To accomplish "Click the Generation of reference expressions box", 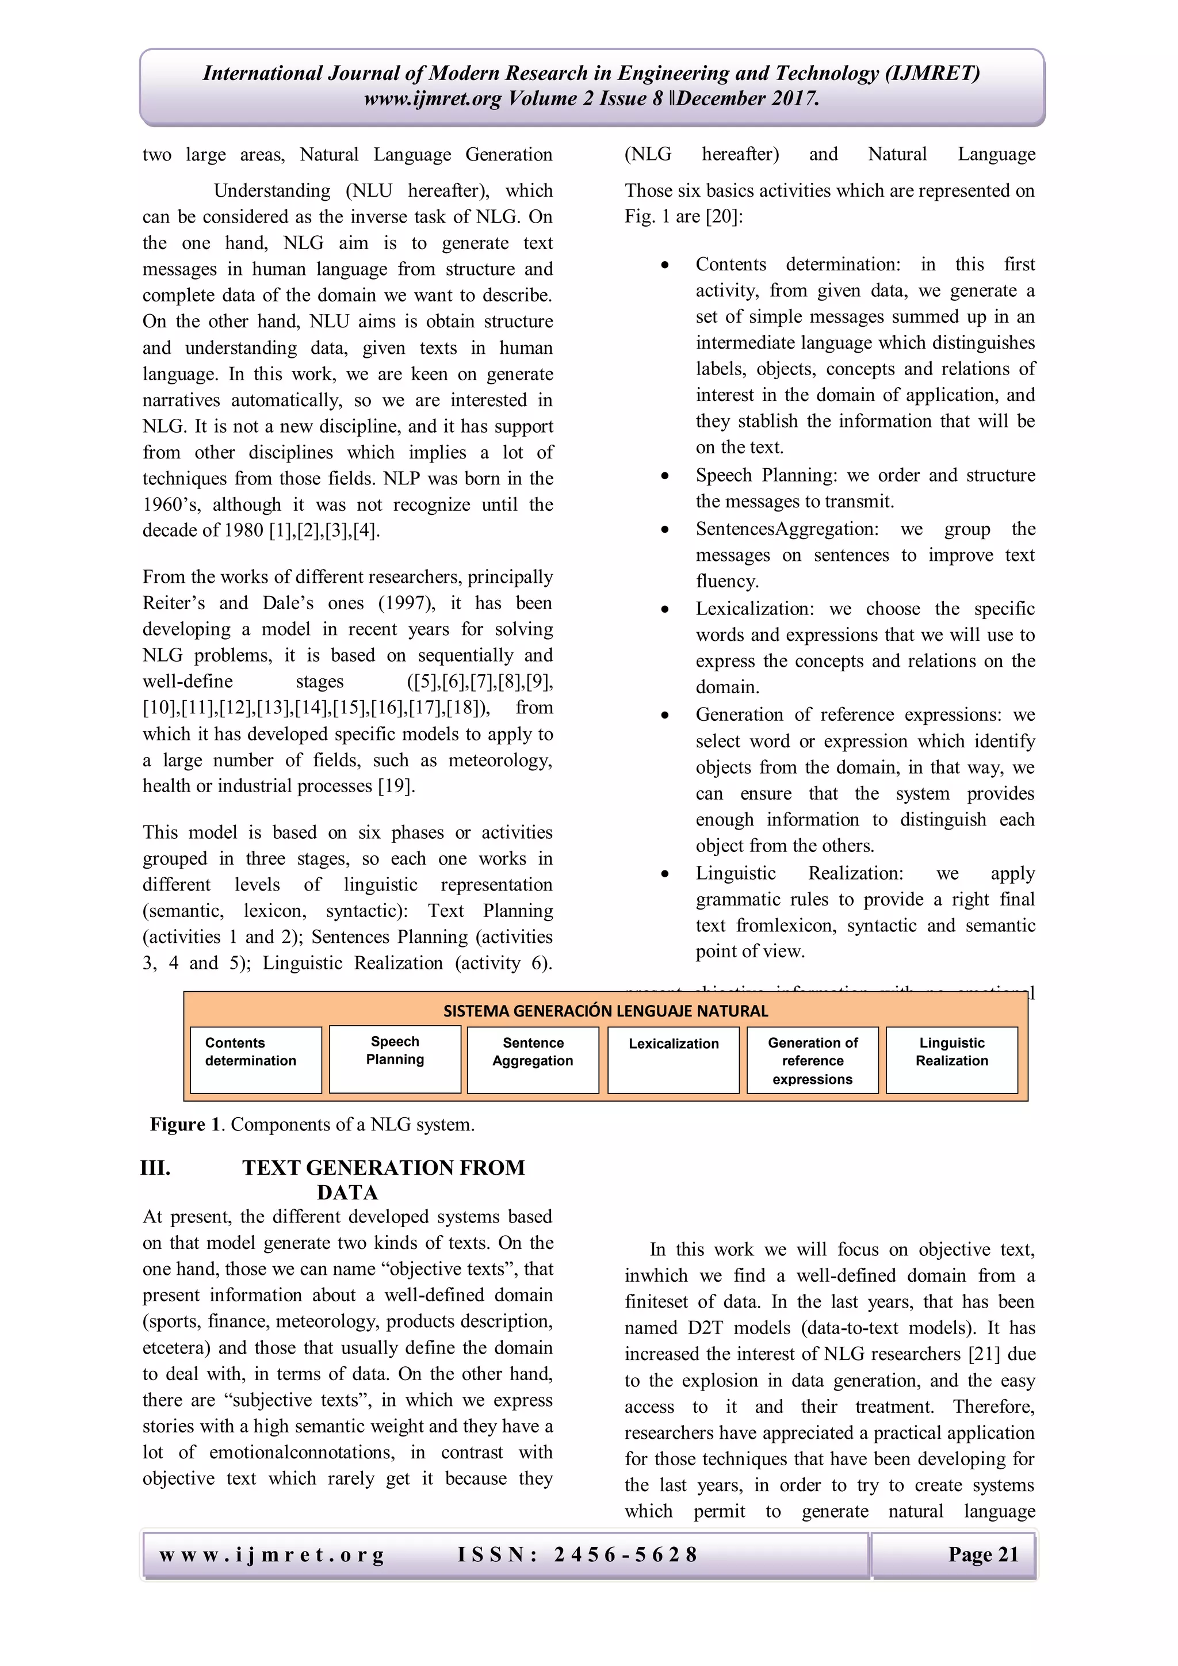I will (x=812, y=1060).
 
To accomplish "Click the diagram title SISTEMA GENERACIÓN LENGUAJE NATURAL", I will (x=605, y=1011).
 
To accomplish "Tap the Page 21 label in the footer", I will (x=983, y=1555).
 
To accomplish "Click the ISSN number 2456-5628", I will (x=625, y=1555).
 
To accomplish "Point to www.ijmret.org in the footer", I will (x=272, y=1556).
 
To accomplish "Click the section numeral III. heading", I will (x=156, y=1167).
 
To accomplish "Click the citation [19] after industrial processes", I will (x=395, y=786).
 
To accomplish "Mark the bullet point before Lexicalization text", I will (x=664, y=610).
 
